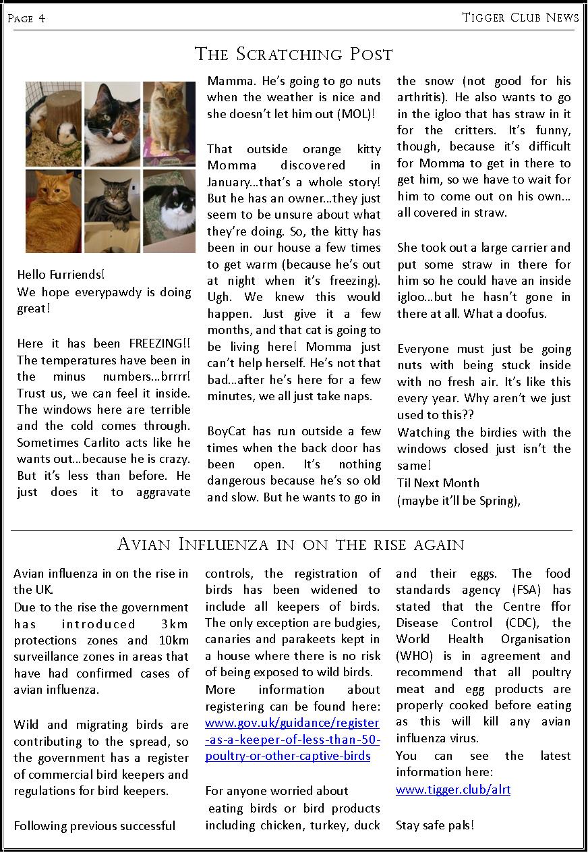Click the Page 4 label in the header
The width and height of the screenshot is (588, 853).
(x=26, y=18)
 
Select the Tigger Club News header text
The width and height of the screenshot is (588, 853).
(x=520, y=18)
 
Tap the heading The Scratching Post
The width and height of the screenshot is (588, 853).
(x=293, y=54)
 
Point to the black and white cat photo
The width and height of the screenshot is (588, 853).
(x=169, y=211)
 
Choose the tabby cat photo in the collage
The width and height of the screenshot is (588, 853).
(x=111, y=211)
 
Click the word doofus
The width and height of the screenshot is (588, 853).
(x=523, y=314)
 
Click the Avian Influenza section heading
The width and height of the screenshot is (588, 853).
(x=291, y=544)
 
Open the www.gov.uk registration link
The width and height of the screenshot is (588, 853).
(x=292, y=740)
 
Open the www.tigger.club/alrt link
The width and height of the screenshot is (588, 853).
(x=452, y=789)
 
